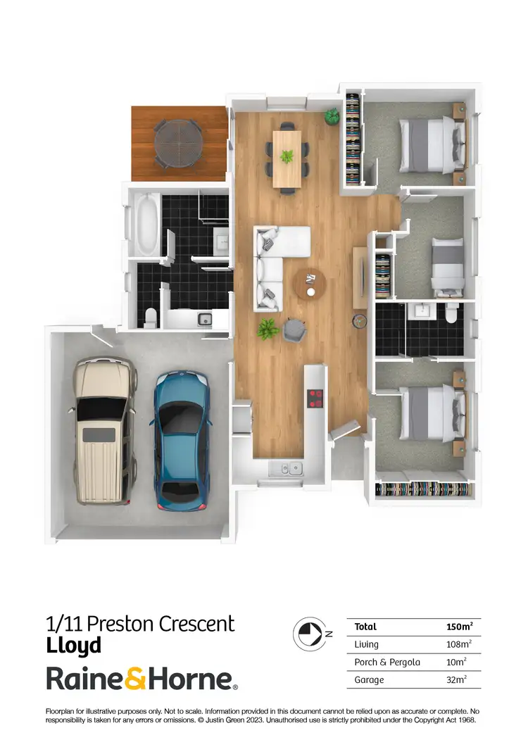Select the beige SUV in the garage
click(104, 430)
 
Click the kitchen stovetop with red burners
click(314, 398)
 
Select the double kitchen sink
click(287, 467)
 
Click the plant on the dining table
click(287, 156)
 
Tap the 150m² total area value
click(459, 627)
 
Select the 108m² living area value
click(459, 644)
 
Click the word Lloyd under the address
click(74, 645)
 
